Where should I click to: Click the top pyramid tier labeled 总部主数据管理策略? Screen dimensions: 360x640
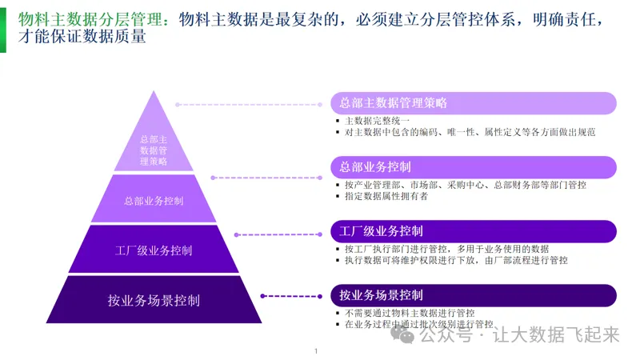(x=153, y=148)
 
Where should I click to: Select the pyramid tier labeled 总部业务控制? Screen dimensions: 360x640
(x=154, y=200)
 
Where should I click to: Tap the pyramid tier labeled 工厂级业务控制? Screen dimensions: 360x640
(x=154, y=250)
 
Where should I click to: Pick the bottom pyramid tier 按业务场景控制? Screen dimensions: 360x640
(x=154, y=301)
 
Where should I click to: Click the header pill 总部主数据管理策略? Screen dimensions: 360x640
(x=473, y=103)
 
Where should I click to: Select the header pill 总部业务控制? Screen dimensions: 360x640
(x=473, y=167)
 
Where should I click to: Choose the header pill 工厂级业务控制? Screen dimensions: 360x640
(x=473, y=231)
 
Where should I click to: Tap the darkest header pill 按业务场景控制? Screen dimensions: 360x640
(x=473, y=295)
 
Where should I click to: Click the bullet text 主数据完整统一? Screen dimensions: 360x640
(x=377, y=120)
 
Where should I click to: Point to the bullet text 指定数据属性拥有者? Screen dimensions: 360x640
(x=386, y=196)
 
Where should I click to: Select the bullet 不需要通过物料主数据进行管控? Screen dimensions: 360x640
(x=410, y=313)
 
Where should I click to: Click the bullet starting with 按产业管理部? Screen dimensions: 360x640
(x=465, y=185)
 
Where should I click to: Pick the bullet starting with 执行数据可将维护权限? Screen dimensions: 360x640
(x=456, y=260)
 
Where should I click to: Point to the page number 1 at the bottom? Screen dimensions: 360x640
(x=316, y=351)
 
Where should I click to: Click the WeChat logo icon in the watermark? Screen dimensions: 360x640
(x=407, y=337)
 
